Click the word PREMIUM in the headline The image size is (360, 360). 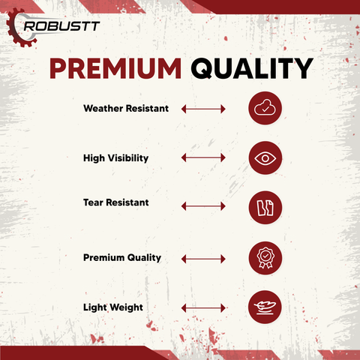(115, 69)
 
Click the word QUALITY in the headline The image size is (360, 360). (250, 69)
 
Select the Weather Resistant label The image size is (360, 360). (126, 109)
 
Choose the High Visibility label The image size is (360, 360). (116, 157)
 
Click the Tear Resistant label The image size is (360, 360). (116, 202)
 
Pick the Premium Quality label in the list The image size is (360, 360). (122, 257)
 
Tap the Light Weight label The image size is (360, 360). (113, 307)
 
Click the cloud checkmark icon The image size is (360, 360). (265, 109)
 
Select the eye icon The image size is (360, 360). (265, 157)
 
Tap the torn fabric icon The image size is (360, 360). (265, 206)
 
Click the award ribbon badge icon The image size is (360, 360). (265, 257)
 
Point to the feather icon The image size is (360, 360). (265, 306)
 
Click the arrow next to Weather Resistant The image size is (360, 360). (203, 109)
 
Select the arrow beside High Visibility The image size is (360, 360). (203, 157)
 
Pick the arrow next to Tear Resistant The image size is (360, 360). (203, 205)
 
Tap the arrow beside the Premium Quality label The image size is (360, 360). (203, 259)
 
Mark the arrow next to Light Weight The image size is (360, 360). (203, 307)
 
